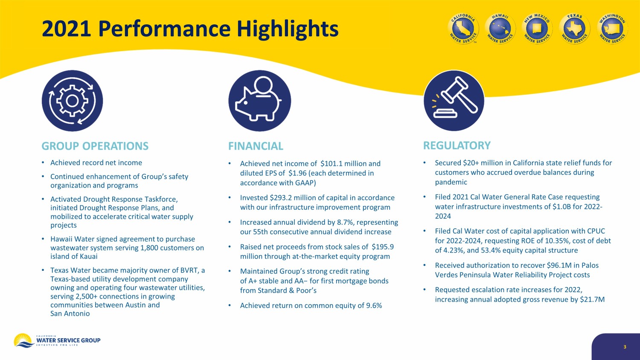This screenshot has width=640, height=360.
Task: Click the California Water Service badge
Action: pos(463,29)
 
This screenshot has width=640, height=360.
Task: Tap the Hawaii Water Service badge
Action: pos(500,29)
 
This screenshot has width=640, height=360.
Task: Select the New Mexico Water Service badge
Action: pos(537,29)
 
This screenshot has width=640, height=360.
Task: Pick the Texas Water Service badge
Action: pos(575,29)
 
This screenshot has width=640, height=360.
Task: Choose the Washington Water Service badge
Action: pos(612,29)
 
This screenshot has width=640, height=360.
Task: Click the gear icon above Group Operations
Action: pos(72,101)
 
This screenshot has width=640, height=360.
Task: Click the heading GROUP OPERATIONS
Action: pos(95,146)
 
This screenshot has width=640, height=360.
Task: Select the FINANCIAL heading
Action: pos(256,146)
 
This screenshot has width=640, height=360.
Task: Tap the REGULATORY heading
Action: pos(457,145)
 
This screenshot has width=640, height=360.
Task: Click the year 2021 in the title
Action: pos(66,29)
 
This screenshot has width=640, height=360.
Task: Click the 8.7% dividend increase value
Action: pos(345,222)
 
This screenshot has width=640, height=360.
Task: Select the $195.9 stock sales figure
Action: pos(383,247)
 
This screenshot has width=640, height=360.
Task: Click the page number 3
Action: pos(625,347)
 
